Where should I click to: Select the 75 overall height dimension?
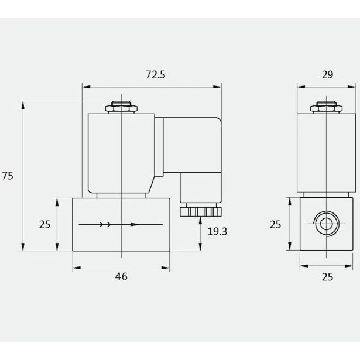point(8,176)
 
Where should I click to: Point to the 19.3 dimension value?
point(217,231)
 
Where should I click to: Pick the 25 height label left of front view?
point(44,224)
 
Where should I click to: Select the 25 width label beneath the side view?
point(327,276)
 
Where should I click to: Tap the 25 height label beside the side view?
point(276,224)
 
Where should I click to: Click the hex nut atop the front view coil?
point(121,108)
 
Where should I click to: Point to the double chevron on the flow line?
point(105,224)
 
